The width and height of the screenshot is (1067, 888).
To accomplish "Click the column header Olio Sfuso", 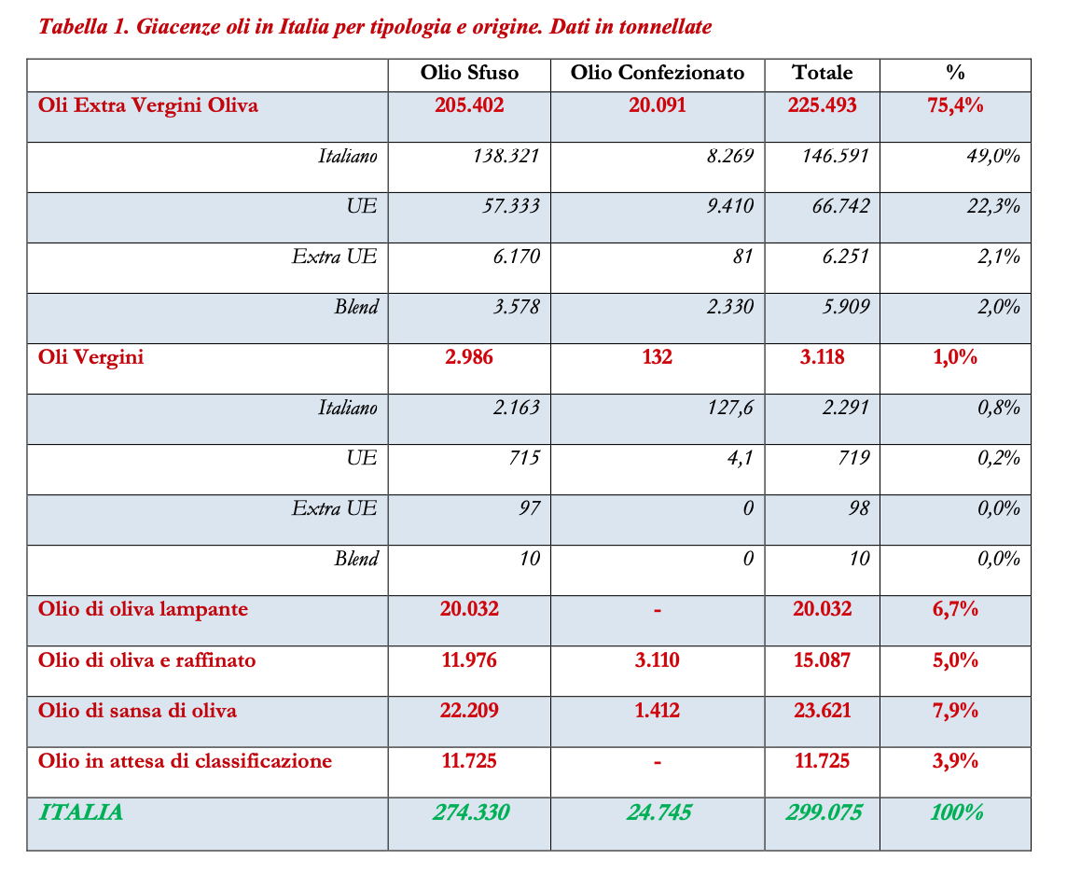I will click(x=469, y=73).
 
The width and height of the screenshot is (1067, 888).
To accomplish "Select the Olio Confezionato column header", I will click(x=658, y=73).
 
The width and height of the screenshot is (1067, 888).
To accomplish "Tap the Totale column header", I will click(x=822, y=73).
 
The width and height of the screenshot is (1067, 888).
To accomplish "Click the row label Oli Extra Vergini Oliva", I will click(x=148, y=104).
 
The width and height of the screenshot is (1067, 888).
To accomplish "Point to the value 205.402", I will click(x=469, y=104).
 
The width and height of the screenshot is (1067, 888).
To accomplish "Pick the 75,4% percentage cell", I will click(x=955, y=104).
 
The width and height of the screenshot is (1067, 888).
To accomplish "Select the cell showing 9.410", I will click(x=729, y=205).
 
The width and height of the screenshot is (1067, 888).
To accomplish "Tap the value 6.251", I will click(x=844, y=256).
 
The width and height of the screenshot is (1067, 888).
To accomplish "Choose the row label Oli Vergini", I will click(x=91, y=356).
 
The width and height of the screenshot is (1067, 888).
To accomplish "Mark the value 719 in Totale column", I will click(x=852, y=457).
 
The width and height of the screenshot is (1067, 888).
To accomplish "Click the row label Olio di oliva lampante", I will click(x=143, y=609).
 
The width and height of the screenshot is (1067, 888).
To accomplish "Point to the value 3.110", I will click(x=658, y=660).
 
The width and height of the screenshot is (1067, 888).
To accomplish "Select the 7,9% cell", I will click(x=955, y=711).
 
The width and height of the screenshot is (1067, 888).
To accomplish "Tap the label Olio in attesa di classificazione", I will click(x=185, y=761).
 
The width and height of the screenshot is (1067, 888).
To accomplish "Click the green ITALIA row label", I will click(x=80, y=812).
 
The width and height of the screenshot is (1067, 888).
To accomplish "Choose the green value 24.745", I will click(x=658, y=812).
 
